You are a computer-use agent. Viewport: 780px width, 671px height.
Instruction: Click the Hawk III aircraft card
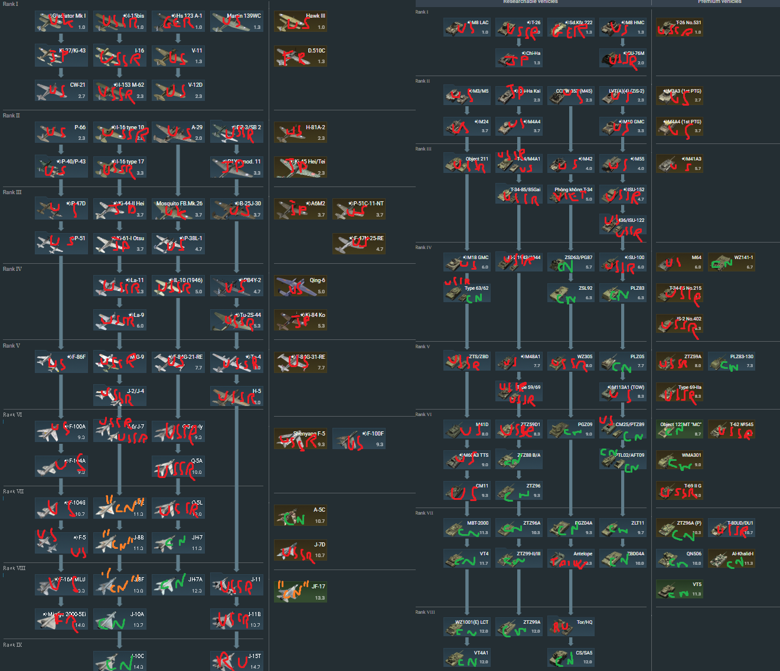coord(300,22)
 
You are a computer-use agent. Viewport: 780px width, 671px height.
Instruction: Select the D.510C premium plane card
coord(300,56)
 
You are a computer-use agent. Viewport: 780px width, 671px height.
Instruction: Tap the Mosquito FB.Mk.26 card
coord(178,209)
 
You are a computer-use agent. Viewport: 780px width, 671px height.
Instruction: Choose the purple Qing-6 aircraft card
coord(300,286)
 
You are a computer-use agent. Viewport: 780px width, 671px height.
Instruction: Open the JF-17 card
coord(300,592)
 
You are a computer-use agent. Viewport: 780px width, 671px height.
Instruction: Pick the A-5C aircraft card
coord(300,515)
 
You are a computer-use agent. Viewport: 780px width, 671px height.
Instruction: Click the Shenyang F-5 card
coord(300,439)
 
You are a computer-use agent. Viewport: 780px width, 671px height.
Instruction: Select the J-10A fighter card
coord(119,620)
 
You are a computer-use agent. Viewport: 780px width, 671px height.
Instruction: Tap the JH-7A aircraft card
coord(178,585)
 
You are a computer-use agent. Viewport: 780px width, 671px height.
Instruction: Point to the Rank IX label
coord(12,644)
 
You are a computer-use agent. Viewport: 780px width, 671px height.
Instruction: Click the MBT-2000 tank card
coord(466,528)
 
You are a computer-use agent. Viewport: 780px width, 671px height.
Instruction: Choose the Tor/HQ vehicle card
coord(570,626)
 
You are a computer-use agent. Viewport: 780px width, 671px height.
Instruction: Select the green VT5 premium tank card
coord(679,589)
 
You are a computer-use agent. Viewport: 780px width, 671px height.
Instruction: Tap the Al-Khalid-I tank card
coord(731,558)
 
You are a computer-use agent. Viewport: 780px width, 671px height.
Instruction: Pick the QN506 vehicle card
coord(679,558)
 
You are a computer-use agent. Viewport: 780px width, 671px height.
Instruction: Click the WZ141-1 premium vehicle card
coord(731,262)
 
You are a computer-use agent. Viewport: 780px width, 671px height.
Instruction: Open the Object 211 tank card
coord(466,163)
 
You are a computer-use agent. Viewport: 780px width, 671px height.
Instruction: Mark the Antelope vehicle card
coord(570,558)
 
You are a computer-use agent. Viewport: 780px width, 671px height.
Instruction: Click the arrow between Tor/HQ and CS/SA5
coord(570,641)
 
